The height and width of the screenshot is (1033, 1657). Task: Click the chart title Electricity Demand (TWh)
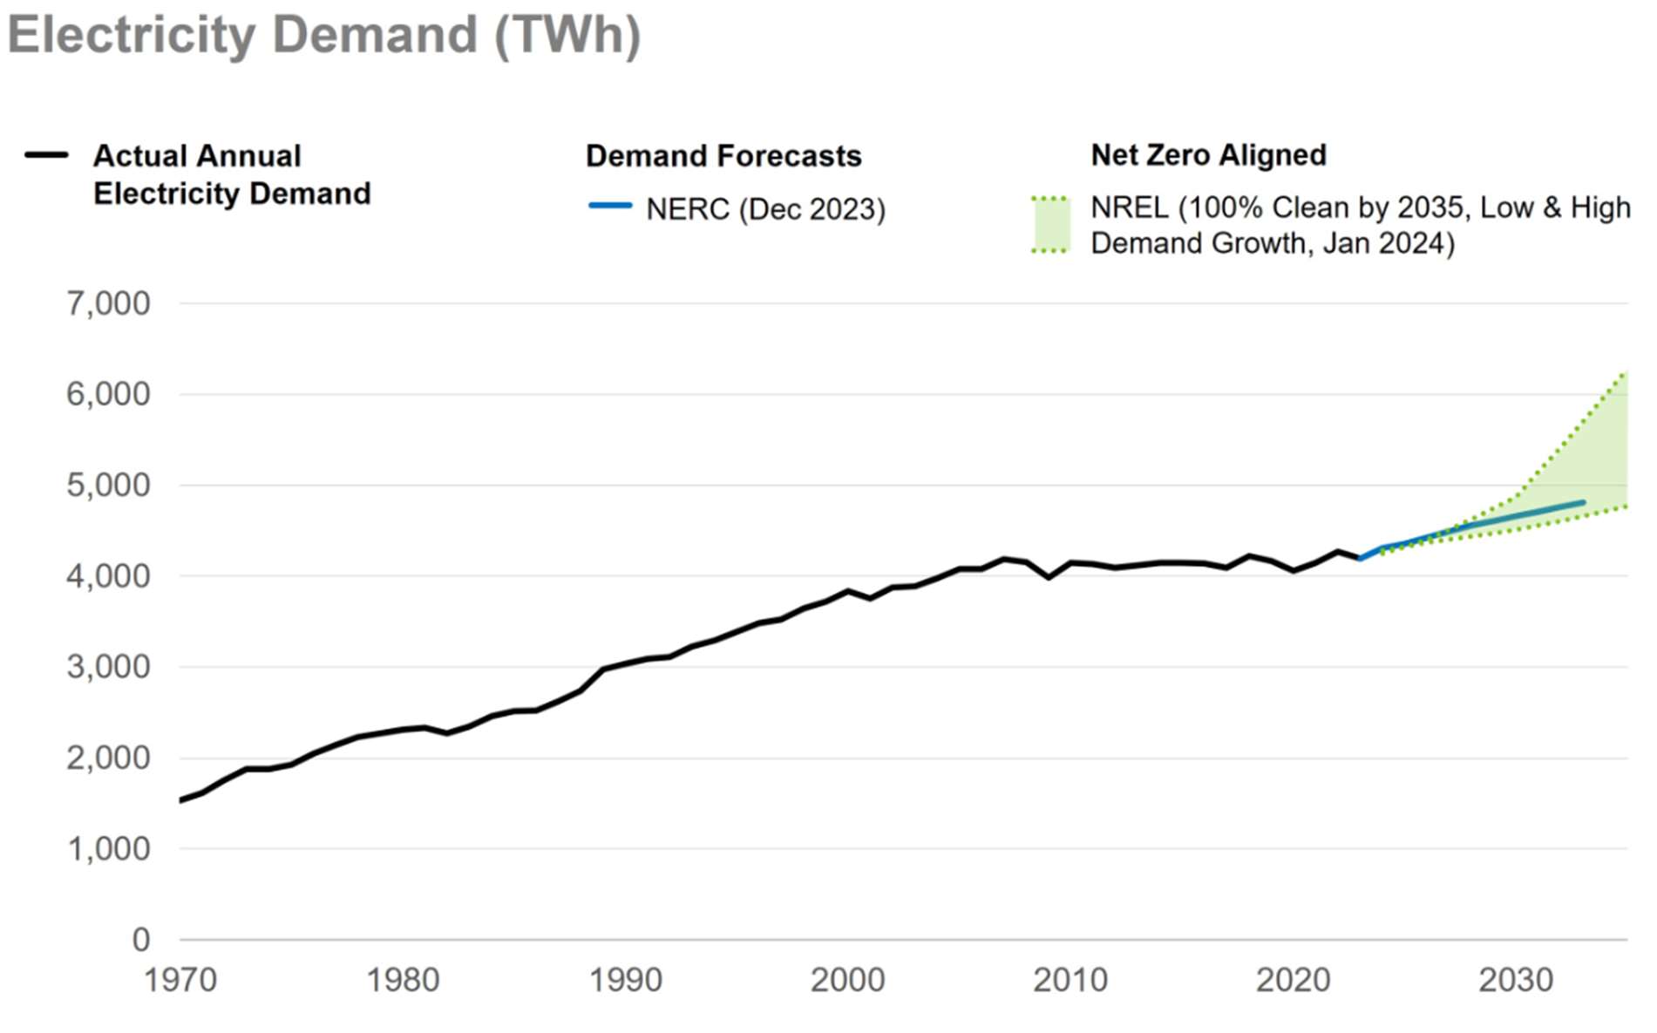323,35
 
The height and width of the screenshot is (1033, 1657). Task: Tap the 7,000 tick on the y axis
108,303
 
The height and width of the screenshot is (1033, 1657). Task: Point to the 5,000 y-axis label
108,485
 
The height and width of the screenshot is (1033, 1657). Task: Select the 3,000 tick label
108,667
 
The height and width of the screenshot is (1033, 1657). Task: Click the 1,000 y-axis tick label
108,848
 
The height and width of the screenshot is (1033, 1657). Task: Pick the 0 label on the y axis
140,940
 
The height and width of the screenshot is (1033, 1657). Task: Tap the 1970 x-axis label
180,980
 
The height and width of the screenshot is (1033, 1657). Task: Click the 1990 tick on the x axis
625,980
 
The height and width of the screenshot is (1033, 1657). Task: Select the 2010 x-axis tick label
1070,980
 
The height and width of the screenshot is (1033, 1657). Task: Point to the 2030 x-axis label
1515,980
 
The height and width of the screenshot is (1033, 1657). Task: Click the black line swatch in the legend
46,155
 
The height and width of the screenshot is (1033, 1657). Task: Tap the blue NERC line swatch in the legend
609,206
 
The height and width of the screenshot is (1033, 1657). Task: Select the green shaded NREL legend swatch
1049,225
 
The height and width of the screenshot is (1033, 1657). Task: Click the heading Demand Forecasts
723,156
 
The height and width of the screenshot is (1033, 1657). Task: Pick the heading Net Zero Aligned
1208,155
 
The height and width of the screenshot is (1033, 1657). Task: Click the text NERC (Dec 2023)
765,209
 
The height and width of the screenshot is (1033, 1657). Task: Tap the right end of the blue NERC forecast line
1582,502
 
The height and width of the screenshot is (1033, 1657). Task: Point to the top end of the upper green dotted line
1625,373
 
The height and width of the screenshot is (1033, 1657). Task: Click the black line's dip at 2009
1048,577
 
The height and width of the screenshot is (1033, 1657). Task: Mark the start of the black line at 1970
180,800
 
